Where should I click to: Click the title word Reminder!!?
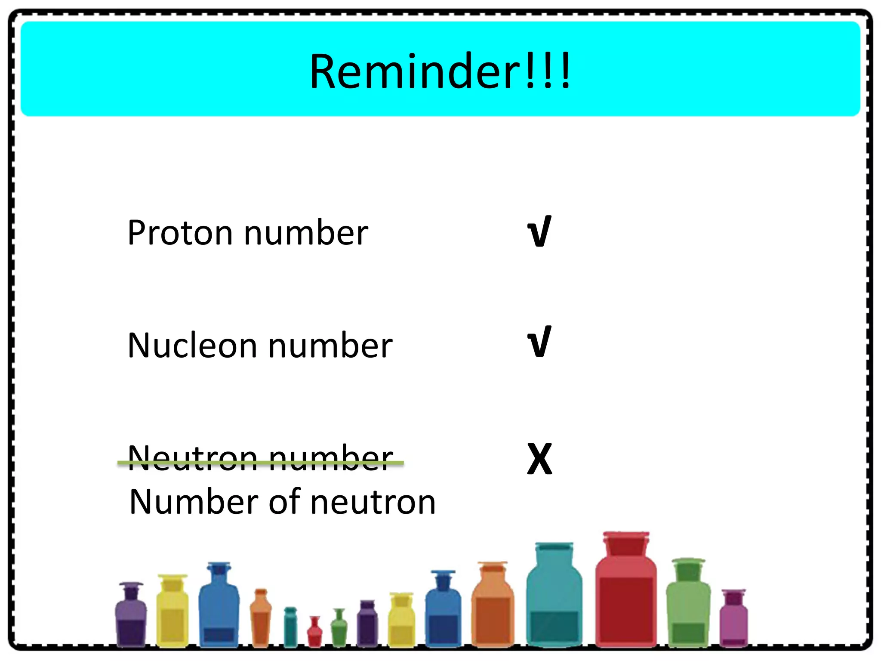click(x=440, y=71)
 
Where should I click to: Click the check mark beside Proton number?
click(x=539, y=232)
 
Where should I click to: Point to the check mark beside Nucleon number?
click(x=539, y=342)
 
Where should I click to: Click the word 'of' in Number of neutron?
click(x=284, y=502)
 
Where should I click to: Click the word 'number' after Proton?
click(x=306, y=233)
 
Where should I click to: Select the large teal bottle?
click(x=554, y=598)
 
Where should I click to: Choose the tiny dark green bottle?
click(x=339, y=628)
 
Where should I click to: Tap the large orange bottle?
click(x=493, y=607)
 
